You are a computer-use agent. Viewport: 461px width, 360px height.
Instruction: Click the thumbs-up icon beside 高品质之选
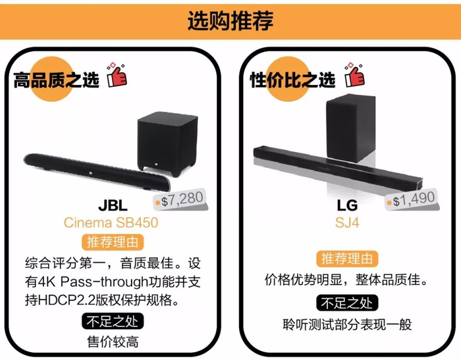117,76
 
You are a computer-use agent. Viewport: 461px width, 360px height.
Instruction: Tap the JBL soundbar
95,167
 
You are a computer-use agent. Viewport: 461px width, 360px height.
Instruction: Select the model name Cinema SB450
111,222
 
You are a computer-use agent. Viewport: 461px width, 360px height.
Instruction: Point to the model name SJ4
346,222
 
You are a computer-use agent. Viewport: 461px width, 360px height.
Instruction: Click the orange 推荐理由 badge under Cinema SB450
111,242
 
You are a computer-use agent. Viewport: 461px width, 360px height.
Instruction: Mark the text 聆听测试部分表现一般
347,324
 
